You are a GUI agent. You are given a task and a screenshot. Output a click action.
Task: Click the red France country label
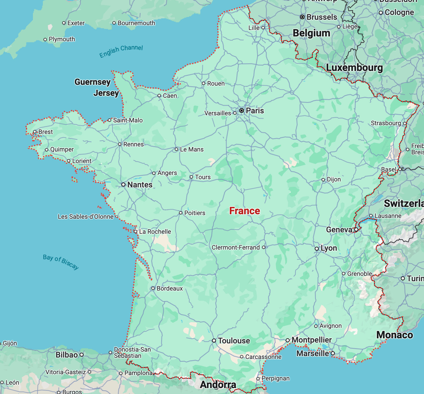(x=244, y=211)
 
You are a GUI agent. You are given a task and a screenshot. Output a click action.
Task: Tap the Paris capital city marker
(x=242, y=111)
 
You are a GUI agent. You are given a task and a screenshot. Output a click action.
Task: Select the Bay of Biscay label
(x=61, y=262)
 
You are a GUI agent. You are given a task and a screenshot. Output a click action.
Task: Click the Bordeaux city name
(x=170, y=289)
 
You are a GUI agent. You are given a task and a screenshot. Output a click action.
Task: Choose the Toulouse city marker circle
(x=214, y=341)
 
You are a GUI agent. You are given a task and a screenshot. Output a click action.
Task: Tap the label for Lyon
(x=329, y=248)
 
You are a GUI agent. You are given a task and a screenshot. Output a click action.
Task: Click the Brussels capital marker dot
(x=302, y=17)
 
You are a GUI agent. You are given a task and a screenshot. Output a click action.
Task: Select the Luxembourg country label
(x=354, y=68)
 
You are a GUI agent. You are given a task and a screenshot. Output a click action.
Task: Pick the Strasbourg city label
(x=386, y=123)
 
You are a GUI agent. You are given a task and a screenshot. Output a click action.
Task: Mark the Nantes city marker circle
(x=123, y=185)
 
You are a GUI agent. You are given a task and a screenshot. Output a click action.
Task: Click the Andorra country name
(x=218, y=385)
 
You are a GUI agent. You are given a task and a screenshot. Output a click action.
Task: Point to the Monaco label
(x=395, y=335)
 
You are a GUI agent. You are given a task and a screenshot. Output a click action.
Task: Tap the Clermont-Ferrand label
(x=236, y=248)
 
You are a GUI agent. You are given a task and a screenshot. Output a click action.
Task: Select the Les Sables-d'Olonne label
(x=86, y=217)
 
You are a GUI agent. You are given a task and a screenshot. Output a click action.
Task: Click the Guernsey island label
(x=92, y=82)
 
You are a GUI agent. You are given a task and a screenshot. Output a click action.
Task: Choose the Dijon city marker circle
(x=323, y=180)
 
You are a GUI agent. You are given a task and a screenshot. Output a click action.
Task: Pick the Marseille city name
(x=313, y=354)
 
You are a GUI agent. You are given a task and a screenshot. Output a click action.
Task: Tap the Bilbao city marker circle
(x=82, y=355)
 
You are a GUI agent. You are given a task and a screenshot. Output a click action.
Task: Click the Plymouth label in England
(x=62, y=39)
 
